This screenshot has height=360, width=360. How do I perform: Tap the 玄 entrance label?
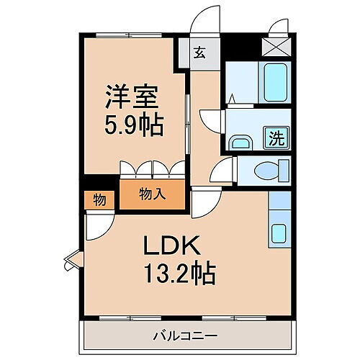(x=199, y=53)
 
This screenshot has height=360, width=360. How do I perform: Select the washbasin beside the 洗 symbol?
(x=239, y=143)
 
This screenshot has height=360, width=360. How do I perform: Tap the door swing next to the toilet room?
(x=222, y=171)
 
